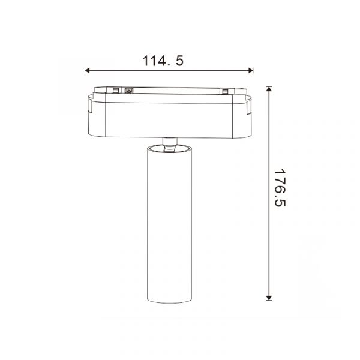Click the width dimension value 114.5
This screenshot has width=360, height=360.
click(163, 61)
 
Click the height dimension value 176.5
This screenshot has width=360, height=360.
click(280, 188)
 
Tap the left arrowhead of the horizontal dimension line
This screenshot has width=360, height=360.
click(87, 70)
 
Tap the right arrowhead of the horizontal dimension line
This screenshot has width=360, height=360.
click(251, 70)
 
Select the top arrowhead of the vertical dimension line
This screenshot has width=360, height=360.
click(269, 89)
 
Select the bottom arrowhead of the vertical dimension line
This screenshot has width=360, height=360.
click(269, 298)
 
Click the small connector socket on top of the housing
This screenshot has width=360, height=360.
click(129, 91)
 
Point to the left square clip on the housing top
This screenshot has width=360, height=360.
click(115, 91)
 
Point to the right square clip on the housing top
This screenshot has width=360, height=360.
click(224, 91)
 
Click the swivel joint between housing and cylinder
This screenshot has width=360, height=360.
click(170, 144)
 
